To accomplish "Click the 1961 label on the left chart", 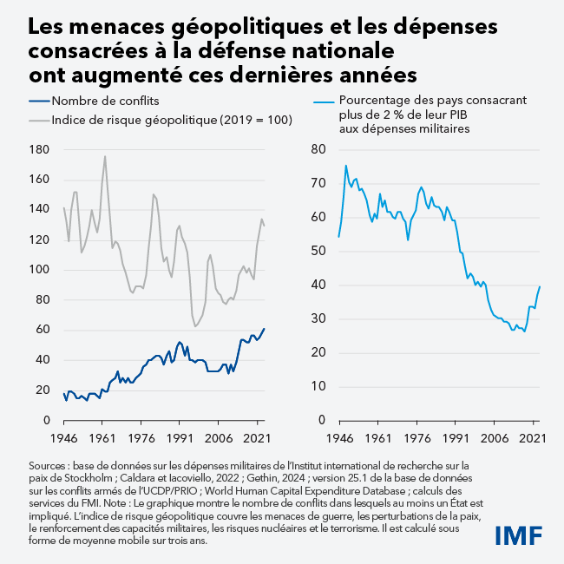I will click(102, 438).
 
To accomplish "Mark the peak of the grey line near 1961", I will click(105, 156).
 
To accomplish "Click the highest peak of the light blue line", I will click(346, 166).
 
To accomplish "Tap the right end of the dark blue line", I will click(265, 329).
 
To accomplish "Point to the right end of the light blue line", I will click(540, 286).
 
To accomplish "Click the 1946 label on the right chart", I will click(338, 438).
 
